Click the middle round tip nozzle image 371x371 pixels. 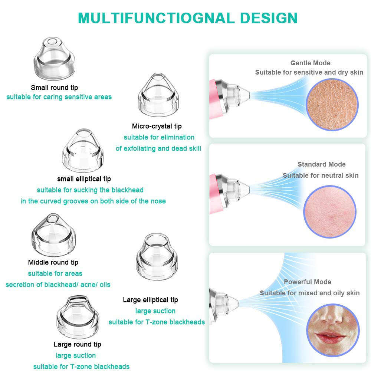pyautogui.click(x=53, y=234)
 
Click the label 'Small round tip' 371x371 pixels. pyautogui.click(x=54, y=88)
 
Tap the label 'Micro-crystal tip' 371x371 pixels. pyautogui.click(x=157, y=126)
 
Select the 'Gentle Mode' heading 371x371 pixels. pyautogui.click(x=310, y=63)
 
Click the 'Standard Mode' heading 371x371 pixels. pyautogui.click(x=321, y=164)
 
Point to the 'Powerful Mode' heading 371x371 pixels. pyautogui.click(x=307, y=282)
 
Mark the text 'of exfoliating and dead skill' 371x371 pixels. pyautogui.click(x=158, y=148)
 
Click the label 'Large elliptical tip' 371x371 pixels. pyautogui.click(x=150, y=300)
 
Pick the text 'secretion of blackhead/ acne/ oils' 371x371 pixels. pyautogui.click(x=58, y=285)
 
